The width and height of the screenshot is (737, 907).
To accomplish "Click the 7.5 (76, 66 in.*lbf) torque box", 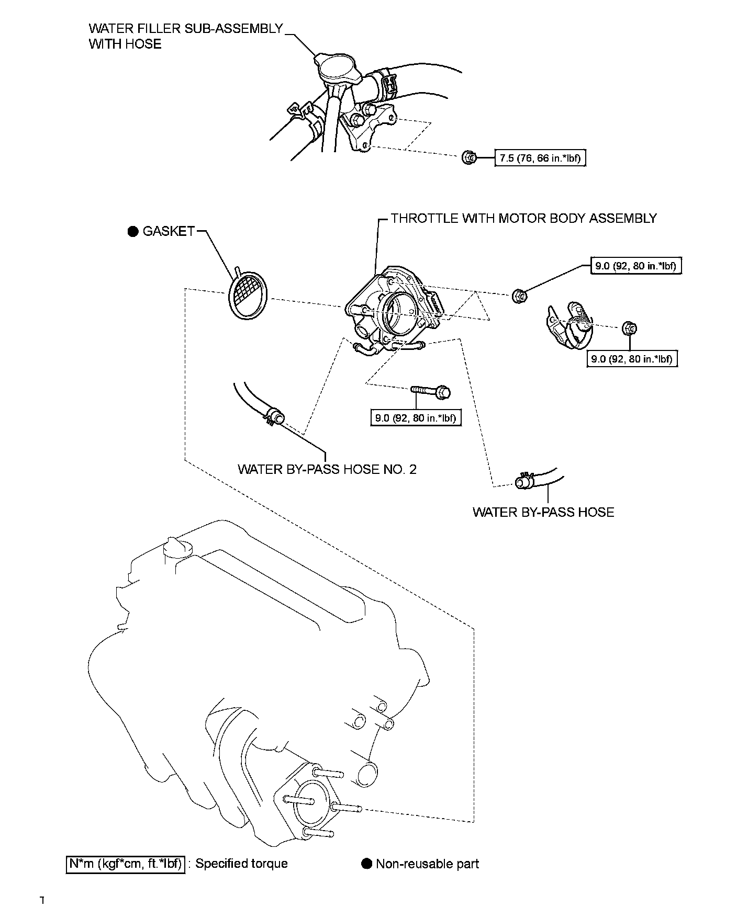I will [x=540, y=158].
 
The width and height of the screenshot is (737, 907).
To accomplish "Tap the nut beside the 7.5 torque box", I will [x=469, y=156].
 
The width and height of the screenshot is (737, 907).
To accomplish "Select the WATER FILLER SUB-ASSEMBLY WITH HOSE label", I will [x=186, y=36].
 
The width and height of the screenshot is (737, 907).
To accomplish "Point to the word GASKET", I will [x=169, y=231].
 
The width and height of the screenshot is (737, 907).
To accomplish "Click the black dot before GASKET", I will [x=133, y=231].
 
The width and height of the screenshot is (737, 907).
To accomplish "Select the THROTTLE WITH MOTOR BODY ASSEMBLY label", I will [x=523, y=218].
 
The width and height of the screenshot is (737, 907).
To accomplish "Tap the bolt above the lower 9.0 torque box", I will [x=431, y=391].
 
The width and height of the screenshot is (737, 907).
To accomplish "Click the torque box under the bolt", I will [x=416, y=418].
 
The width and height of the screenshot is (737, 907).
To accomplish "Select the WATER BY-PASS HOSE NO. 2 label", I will [x=327, y=469].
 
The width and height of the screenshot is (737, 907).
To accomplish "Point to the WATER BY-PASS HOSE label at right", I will [x=543, y=512].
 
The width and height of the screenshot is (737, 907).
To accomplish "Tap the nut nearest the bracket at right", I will [x=630, y=328].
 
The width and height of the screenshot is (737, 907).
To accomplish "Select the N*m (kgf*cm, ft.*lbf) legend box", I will [x=126, y=864].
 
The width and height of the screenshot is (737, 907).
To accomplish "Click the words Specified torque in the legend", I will [x=241, y=864].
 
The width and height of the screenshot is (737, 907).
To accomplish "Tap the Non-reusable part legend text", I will [x=427, y=864].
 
